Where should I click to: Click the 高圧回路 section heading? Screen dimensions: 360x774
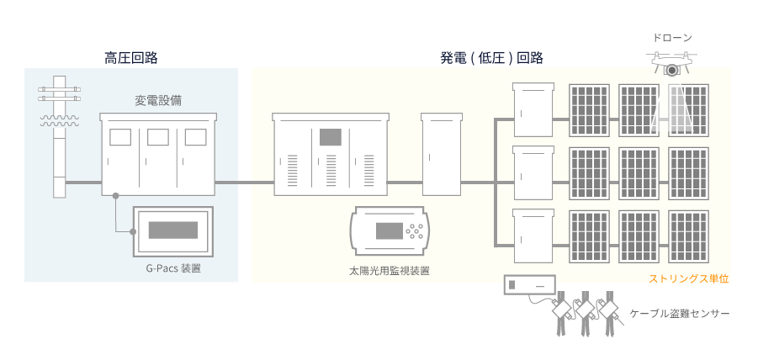(130, 58)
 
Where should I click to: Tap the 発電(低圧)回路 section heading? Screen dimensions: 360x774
(491, 58)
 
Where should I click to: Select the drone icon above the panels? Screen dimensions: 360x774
(671, 61)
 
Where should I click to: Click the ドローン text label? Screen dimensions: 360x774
(671, 38)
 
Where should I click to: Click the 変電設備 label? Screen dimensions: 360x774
(158, 100)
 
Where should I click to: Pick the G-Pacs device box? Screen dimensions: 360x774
(172, 230)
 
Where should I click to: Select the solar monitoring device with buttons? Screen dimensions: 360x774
(390, 230)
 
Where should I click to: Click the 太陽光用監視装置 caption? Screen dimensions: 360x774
(390, 272)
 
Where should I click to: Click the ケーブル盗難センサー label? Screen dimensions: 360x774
(680, 314)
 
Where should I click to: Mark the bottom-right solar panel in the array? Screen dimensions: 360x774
(690, 236)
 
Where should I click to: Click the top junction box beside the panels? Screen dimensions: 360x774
(534, 109)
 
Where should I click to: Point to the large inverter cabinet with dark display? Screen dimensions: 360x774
(329, 154)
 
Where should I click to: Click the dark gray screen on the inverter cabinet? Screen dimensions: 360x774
(329, 137)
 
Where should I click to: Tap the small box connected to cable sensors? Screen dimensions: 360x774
(529, 286)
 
